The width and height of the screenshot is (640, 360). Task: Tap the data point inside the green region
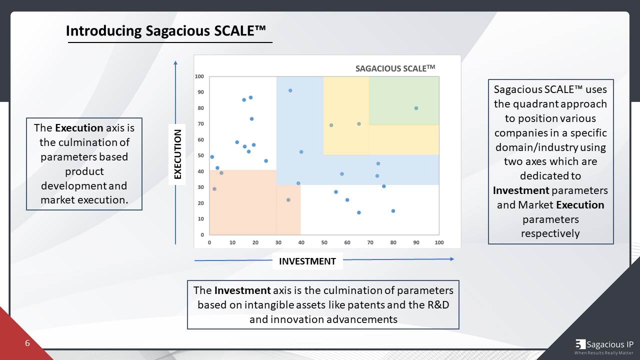coord(416,108)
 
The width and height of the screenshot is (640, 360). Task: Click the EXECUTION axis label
coord(177,154)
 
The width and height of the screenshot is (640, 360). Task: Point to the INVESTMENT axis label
coord(307,261)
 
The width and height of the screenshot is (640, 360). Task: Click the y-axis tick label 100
coord(199,76)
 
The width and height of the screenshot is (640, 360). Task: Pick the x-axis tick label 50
coord(324,242)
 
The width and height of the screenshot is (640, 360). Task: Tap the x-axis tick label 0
coord(209,242)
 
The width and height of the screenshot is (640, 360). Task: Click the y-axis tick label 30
coord(200,187)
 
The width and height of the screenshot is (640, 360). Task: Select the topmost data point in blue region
coord(290,90)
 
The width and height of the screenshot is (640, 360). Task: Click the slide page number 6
coord(27,343)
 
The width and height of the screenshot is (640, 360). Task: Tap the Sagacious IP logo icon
coord(580,344)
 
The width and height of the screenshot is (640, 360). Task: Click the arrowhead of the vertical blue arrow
coord(175,62)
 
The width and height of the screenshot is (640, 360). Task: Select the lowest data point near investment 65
coord(358,212)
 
